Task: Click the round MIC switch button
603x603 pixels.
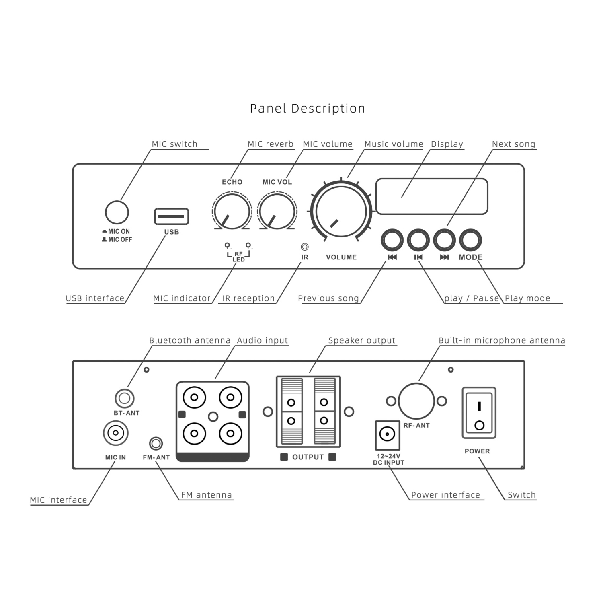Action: tap(117, 212)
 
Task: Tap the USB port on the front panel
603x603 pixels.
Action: tap(172, 216)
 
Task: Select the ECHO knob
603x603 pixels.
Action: tap(232, 211)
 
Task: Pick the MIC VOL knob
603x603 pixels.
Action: tap(277, 211)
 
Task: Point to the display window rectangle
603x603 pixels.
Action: tap(432, 196)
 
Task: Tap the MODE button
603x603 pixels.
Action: tap(470, 240)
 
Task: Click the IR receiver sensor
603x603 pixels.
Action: tap(305, 247)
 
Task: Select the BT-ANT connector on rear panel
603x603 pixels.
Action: tap(124, 398)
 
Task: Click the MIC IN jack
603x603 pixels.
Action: tap(116, 433)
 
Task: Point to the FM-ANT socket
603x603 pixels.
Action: tap(156, 444)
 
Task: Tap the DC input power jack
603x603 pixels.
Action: tap(387, 434)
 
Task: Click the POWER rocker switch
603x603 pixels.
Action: tap(479, 413)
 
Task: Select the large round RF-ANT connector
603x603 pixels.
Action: tap(416, 401)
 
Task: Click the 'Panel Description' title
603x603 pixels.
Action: tap(308, 109)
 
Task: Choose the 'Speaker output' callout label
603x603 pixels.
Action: tap(362, 340)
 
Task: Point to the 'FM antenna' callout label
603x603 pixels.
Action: tap(206, 495)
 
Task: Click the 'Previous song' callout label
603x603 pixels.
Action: tap(328, 298)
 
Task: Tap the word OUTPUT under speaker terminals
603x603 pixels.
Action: tap(308, 457)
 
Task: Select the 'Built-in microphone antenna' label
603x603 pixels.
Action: tap(502, 340)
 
